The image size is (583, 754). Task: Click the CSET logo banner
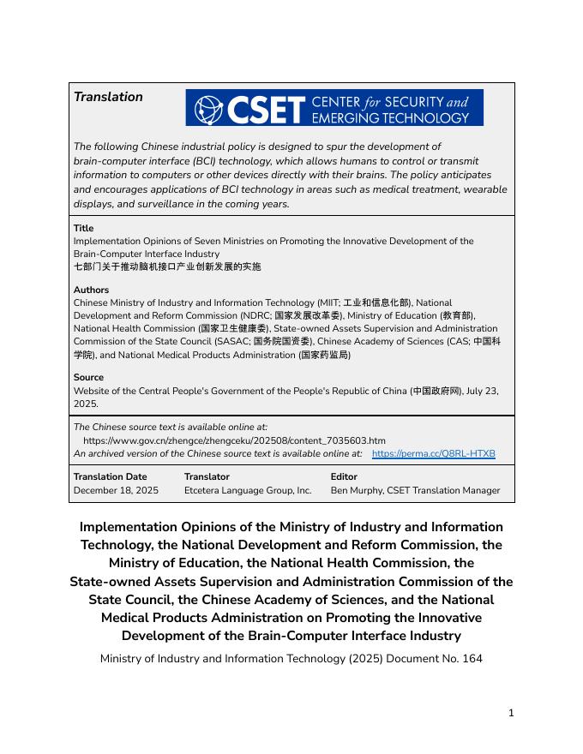tap(334, 108)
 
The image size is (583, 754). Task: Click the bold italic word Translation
tap(108, 97)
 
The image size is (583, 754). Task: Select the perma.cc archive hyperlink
tap(434, 453)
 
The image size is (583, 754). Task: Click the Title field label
tap(84, 228)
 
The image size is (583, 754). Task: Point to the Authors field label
tap(92, 290)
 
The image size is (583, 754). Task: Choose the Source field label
tap(88, 377)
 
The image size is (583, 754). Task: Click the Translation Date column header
tap(110, 476)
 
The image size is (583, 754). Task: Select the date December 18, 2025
tap(116, 490)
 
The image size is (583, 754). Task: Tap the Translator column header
tap(207, 476)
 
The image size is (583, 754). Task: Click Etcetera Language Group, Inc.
tap(248, 490)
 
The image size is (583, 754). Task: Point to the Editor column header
tap(344, 476)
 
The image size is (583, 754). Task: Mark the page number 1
tap(511, 713)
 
